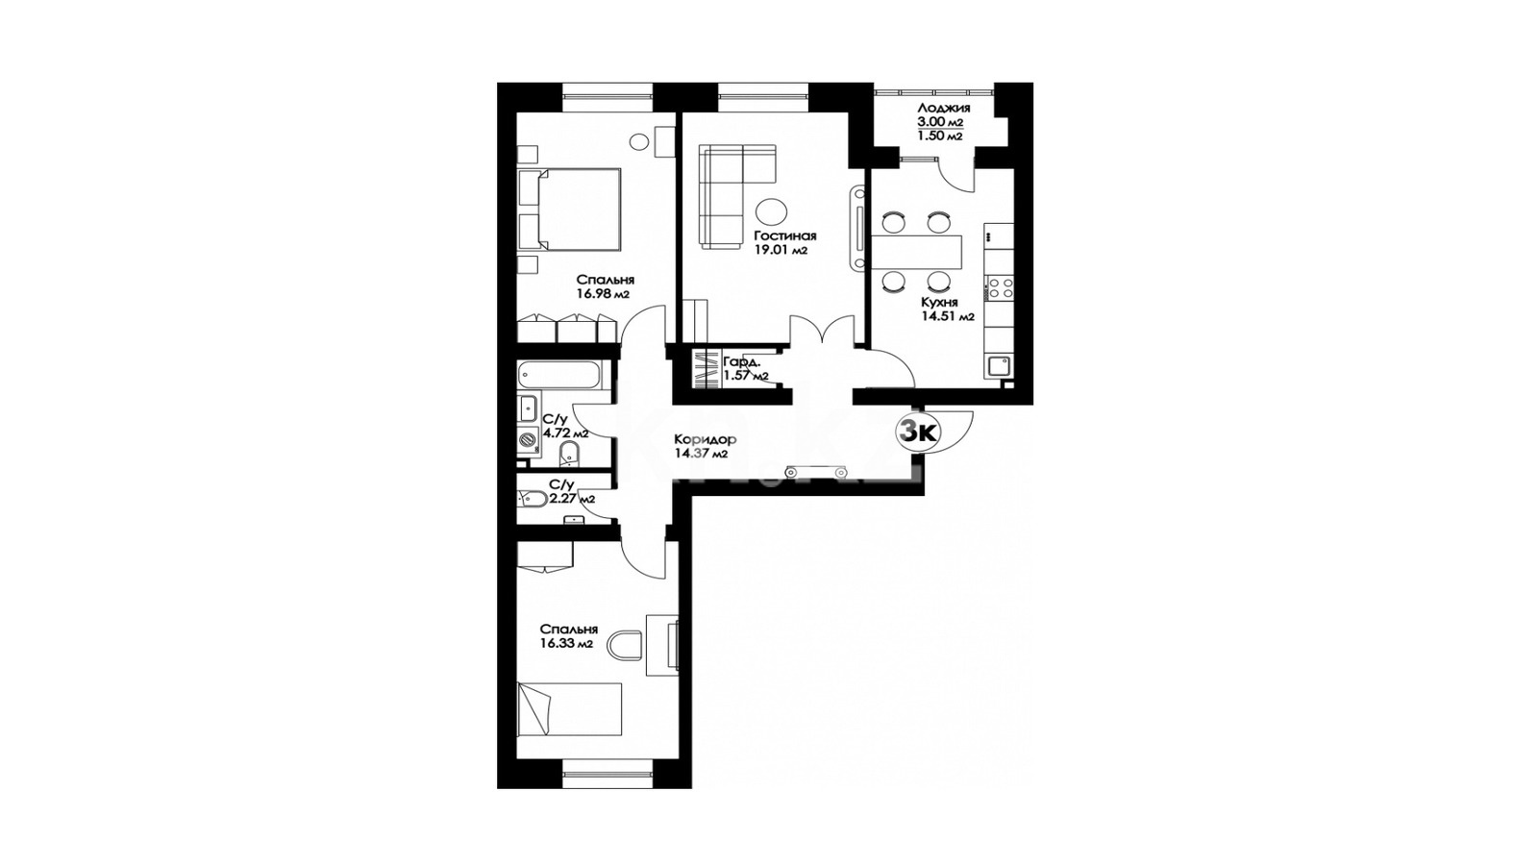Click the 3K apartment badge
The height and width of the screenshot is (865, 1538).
coord(918,432)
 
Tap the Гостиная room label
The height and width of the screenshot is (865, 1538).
coord(784,236)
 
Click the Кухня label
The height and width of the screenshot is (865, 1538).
coord(938,303)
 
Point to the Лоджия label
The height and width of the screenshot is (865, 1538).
coord(943,109)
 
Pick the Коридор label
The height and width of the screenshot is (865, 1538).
coord(706,440)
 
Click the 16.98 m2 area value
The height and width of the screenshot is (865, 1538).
coord(604,294)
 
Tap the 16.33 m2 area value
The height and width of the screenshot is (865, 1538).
coord(566,644)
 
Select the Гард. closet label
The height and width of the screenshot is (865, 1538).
coord(741,361)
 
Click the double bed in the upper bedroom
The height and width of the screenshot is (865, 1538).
coord(569,210)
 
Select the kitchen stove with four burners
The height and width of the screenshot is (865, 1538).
coord(999,287)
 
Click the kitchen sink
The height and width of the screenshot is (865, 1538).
coord(999,366)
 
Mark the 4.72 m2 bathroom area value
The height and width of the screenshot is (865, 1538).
coord(566,433)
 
